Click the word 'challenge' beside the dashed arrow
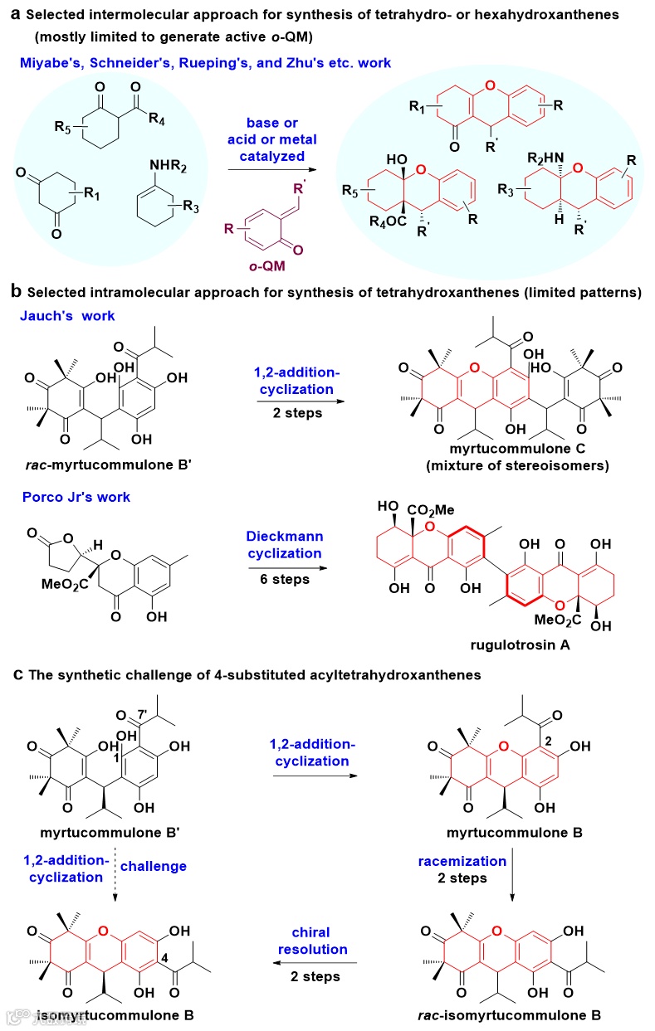(x=154, y=866)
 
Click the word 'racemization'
(x=474, y=861)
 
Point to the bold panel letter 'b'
(x=16, y=292)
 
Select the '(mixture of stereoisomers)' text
(x=518, y=465)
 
